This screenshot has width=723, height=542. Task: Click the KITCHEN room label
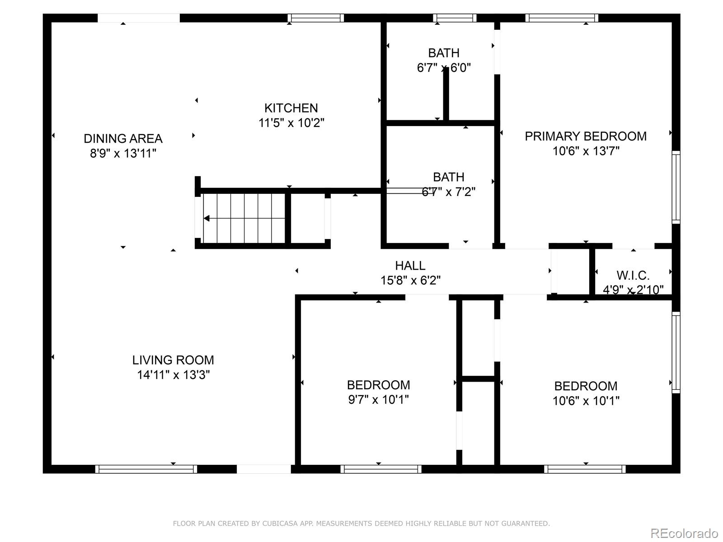click(291, 108)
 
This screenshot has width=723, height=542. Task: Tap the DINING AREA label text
click(123, 138)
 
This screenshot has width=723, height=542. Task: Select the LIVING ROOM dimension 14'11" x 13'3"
click(174, 374)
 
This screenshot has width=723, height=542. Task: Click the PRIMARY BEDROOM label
click(586, 136)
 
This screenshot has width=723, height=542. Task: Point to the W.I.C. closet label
click(633, 275)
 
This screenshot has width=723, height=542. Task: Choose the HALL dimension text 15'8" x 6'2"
click(410, 280)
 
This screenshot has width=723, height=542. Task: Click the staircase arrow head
click(207, 219)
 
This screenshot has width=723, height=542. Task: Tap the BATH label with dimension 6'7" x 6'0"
click(444, 53)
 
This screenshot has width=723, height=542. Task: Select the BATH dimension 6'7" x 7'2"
click(448, 192)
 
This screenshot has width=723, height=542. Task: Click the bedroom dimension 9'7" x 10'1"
click(379, 400)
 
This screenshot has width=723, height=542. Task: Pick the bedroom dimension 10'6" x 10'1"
click(586, 401)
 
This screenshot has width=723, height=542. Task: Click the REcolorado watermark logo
click(684, 533)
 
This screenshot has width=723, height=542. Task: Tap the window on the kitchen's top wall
click(316, 18)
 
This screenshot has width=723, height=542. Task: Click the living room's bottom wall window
click(146, 469)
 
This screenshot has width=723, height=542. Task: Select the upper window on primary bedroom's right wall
click(676, 187)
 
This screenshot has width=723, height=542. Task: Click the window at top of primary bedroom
click(562, 18)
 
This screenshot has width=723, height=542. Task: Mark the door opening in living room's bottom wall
click(264, 469)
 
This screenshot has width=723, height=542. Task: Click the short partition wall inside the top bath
click(446, 95)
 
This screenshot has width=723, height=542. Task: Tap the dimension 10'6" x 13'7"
click(586, 151)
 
